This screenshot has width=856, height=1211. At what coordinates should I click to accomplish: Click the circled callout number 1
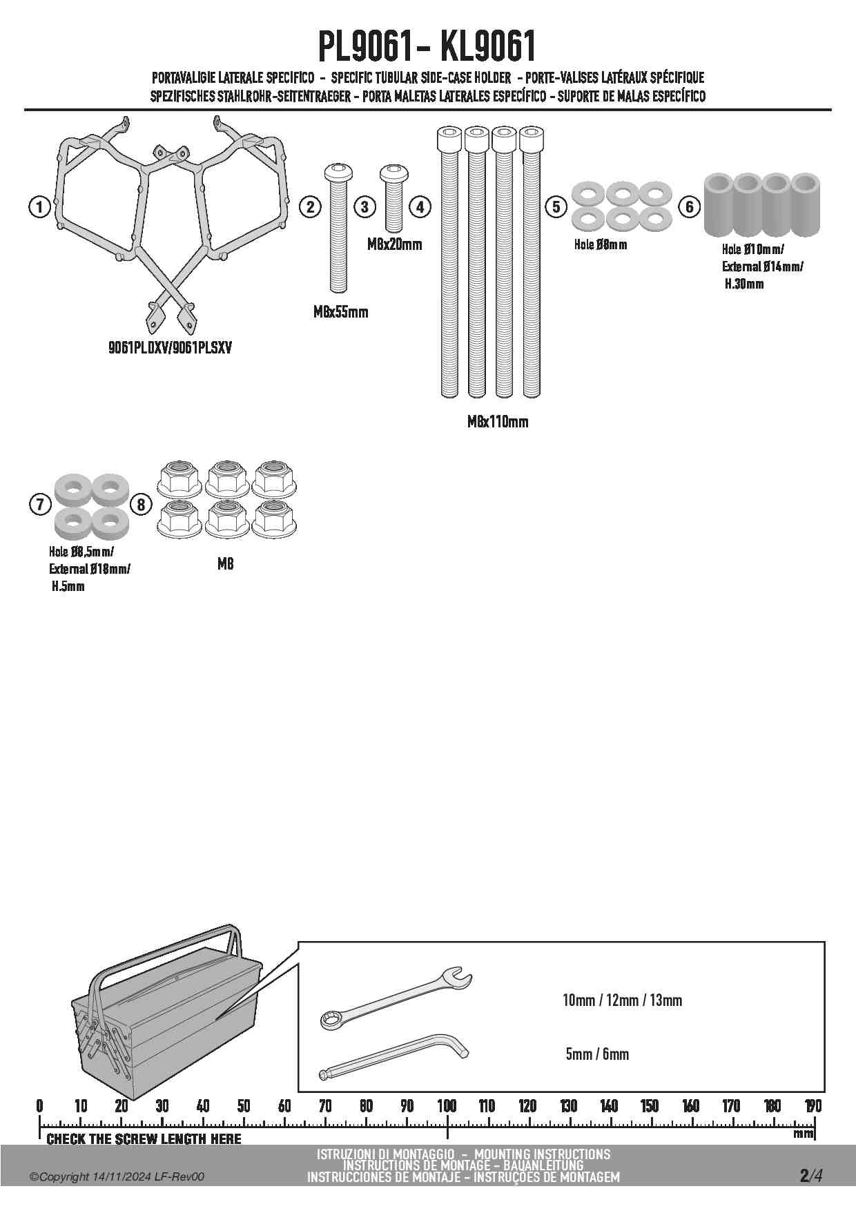click(x=39, y=206)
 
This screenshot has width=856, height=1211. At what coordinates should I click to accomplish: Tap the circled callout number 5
click(x=556, y=206)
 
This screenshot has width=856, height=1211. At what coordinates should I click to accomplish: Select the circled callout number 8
click(x=141, y=505)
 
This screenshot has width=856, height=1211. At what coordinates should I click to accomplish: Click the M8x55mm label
click(x=340, y=312)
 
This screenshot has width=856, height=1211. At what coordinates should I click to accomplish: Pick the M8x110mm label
click(x=497, y=422)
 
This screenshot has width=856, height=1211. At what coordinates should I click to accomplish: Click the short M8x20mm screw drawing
click(x=393, y=196)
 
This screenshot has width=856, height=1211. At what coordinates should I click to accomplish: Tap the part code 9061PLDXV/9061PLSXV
click(x=170, y=348)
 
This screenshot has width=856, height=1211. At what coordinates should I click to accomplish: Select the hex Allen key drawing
click(x=393, y=1055)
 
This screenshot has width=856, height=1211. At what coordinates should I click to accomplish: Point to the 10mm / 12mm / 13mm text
click(x=622, y=1000)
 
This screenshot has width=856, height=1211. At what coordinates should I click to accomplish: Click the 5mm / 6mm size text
click(x=597, y=1054)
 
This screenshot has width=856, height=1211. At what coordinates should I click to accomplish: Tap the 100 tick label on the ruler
click(x=447, y=1106)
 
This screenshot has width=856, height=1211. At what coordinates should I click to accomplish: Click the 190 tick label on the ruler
click(x=813, y=1106)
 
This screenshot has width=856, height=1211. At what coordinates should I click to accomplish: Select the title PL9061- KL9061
click(x=427, y=47)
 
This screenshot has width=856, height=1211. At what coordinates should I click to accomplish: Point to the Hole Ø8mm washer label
click(x=601, y=244)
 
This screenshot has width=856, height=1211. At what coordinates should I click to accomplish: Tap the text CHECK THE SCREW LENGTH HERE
click(x=144, y=1139)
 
